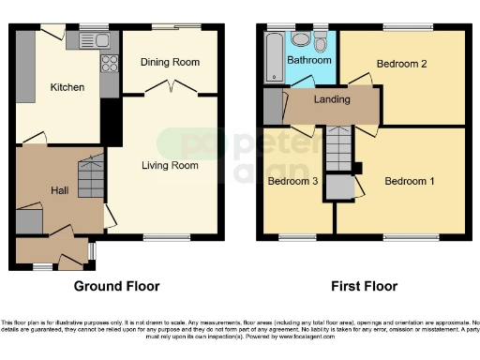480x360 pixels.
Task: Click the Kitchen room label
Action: click(x=67, y=87)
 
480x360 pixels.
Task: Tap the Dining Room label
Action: click(x=170, y=62)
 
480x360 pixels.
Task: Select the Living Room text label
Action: click(x=170, y=166)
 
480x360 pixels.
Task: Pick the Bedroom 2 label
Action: click(x=401, y=64)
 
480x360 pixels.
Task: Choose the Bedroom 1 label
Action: click(x=410, y=181)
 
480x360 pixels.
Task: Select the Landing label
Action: click(x=332, y=99)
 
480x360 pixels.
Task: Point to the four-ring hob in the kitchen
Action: click(x=109, y=65)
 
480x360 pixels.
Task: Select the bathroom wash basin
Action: click(x=301, y=38)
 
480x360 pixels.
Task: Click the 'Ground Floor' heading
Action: click(x=117, y=286)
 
